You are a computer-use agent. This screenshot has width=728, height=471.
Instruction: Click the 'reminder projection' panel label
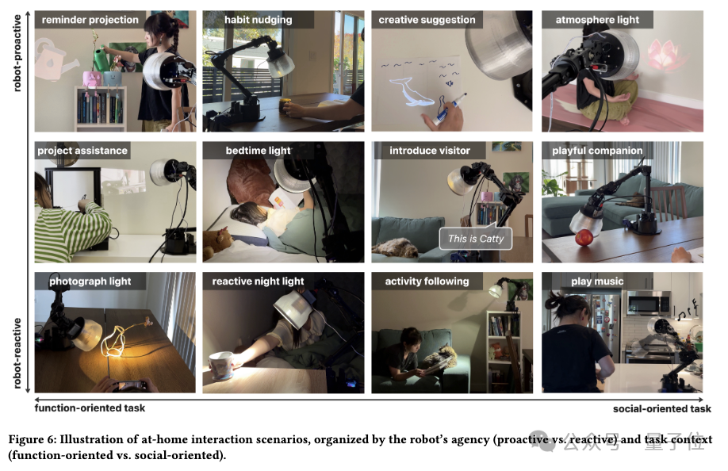(x=90, y=20)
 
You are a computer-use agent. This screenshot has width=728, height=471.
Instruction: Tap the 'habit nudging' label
(x=259, y=20)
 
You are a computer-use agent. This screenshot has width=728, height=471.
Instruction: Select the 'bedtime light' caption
(x=259, y=151)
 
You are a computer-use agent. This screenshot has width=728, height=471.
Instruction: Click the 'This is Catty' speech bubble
(x=476, y=239)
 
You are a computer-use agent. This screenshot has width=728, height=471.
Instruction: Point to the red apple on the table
(x=584, y=238)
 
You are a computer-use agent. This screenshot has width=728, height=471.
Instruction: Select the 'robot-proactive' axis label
(x=17, y=53)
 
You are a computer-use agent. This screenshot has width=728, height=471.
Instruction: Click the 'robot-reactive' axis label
(x=17, y=353)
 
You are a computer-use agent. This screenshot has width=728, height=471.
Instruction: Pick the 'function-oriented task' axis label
(x=90, y=408)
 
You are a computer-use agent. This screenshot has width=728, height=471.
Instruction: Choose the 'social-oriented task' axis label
(x=661, y=409)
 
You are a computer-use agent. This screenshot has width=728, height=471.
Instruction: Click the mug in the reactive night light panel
(x=221, y=366)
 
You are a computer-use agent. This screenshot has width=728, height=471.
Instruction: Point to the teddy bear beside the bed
(x=218, y=240)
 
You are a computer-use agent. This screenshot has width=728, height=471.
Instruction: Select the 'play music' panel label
(x=597, y=281)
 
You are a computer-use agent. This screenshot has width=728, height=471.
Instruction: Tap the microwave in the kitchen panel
(x=648, y=303)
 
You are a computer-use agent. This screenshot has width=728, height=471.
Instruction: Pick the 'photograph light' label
(x=90, y=281)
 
